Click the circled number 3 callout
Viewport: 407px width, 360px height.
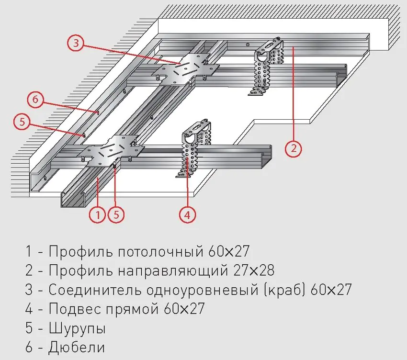[75, 43]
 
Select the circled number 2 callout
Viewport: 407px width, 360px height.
[294, 148]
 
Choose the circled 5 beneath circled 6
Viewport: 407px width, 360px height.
[22, 122]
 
